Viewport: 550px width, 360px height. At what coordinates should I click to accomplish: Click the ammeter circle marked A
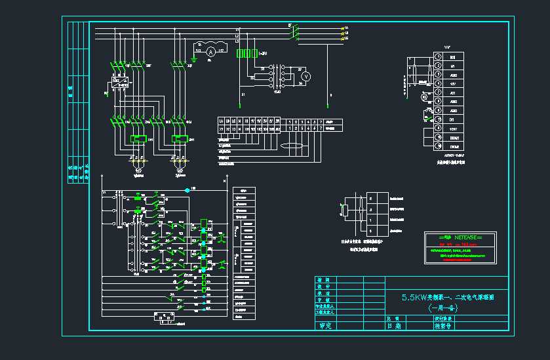[210, 50]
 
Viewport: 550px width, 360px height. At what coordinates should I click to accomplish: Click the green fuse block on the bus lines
[246, 53]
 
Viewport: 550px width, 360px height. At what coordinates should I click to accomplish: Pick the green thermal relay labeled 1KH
[139, 139]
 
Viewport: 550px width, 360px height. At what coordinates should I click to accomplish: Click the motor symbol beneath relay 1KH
[138, 170]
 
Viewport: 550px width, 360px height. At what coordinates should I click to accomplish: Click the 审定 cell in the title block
[324, 326]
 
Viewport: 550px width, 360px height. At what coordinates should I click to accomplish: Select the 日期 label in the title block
[394, 325]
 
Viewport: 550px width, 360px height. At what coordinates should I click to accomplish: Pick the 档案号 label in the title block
[444, 325]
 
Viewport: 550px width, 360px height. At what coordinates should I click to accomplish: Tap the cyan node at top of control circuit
[187, 190]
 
